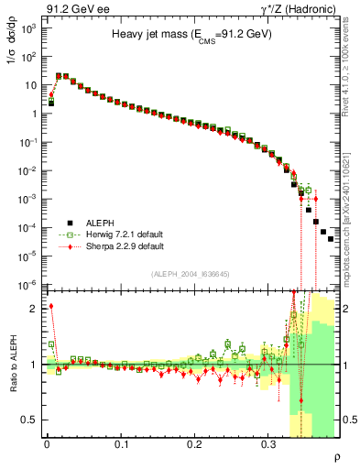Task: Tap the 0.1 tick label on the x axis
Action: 121,442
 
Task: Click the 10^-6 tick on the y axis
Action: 28,285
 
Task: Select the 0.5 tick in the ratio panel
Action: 29,420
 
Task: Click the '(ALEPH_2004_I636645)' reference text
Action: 191,274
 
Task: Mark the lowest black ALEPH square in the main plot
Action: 331,238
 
